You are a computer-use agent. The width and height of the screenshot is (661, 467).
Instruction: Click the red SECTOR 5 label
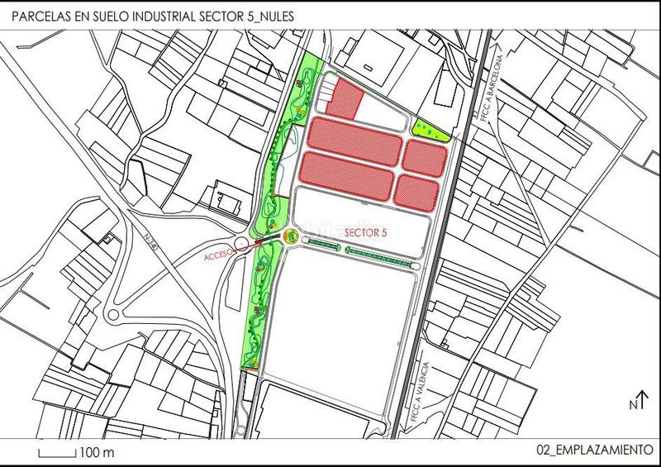pos(365,234)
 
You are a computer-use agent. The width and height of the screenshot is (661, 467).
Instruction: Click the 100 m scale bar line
pos(57,454)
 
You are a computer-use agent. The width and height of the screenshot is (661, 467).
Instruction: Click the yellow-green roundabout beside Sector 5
pos(291,236)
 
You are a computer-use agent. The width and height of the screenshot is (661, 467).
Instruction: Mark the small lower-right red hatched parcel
pos(421,190)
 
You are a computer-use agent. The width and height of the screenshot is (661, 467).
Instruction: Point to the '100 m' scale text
pos(97,454)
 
